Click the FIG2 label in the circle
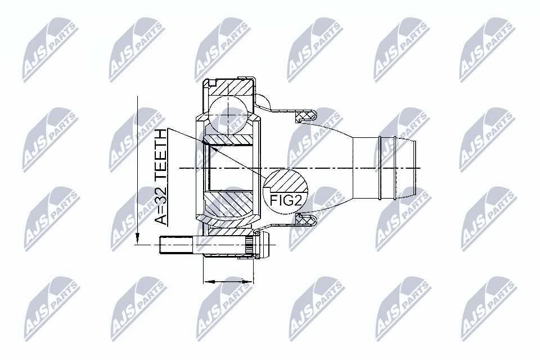[286, 201]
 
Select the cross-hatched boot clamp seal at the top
[304, 116]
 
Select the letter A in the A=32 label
[161, 218]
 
